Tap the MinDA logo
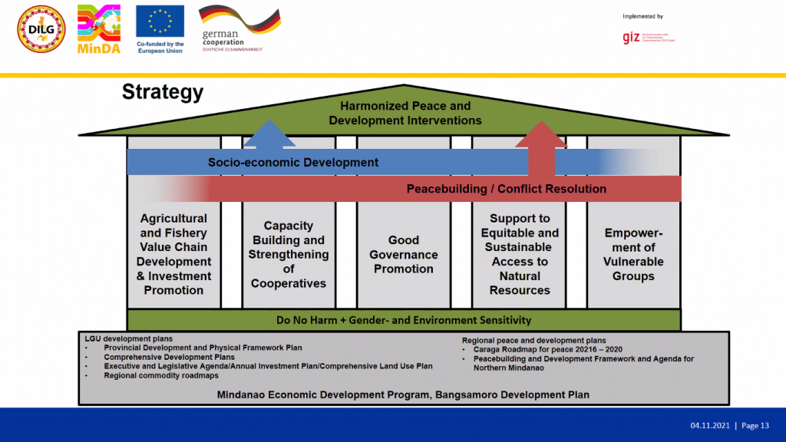[99, 30]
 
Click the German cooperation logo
[238, 29]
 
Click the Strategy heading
[163, 93]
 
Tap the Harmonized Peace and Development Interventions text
[405, 113]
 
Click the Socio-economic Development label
[292, 163]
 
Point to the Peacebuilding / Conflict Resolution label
[506, 189]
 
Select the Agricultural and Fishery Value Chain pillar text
[173, 255]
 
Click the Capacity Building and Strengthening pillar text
[289, 255]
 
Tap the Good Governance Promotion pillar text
[404, 255]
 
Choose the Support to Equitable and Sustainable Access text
[520, 255]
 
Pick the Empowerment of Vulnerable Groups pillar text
[633, 255]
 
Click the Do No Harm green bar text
[404, 320]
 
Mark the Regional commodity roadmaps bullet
[161, 375]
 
